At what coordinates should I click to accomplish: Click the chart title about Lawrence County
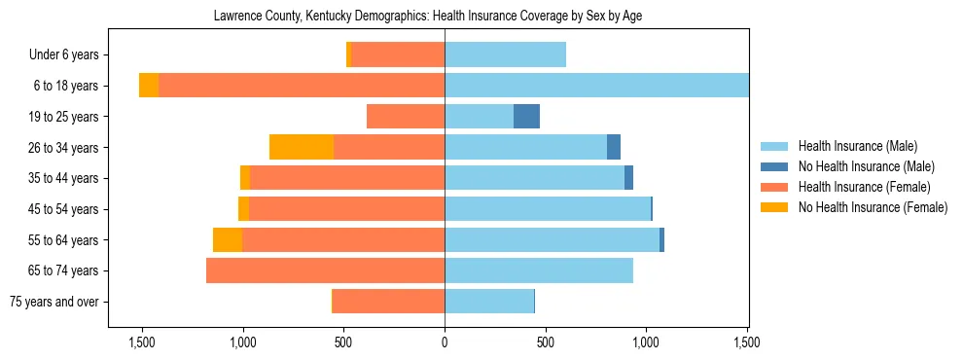coord(427,17)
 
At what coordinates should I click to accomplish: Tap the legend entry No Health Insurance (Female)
coord(873,207)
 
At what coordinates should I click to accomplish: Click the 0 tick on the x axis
coord(445,342)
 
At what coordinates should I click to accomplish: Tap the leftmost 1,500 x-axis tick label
coord(142,342)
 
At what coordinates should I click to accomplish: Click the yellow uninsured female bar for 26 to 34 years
coord(302,147)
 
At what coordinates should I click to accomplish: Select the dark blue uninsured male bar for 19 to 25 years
coord(526,117)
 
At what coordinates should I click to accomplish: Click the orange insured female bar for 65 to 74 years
coord(325,270)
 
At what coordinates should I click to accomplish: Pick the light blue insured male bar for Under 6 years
coord(505,55)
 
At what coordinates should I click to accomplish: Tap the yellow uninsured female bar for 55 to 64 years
coord(228,240)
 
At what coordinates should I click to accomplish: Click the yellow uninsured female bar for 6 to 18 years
coord(149,86)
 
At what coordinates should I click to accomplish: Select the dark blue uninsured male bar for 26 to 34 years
coord(614,147)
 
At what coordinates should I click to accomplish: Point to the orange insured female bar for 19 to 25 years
coord(406,117)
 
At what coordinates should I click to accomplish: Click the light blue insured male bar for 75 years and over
coord(489,302)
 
